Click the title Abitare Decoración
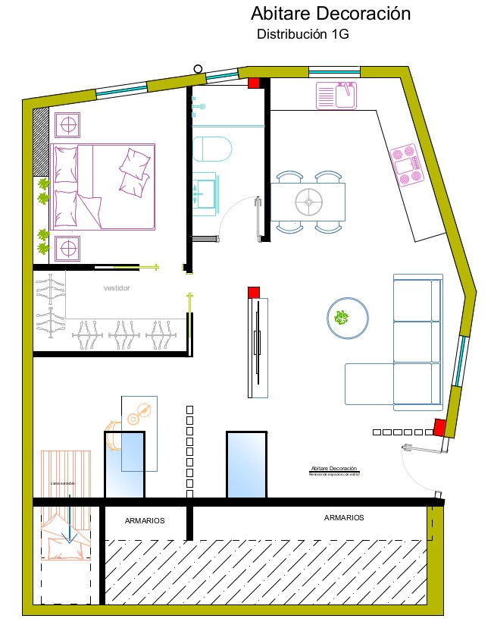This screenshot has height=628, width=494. pyautogui.click(x=330, y=14)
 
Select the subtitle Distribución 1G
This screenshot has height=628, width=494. pyautogui.click(x=302, y=34)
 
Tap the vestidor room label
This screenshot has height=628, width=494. pyautogui.click(x=117, y=288)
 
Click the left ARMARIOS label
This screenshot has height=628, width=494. pyautogui.click(x=145, y=521)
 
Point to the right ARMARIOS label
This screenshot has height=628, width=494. pyautogui.click(x=344, y=518)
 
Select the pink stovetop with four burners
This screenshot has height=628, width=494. pyautogui.click(x=407, y=165)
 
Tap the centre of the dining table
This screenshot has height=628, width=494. pyautogui.click(x=308, y=202)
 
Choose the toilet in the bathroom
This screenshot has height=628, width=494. pyautogui.click(x=211, y=149)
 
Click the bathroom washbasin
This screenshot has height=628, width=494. pyautogui.click(x=205, y=191)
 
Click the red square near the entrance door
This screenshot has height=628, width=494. pyautogui.click(x=439, y=428)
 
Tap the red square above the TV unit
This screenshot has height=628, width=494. pyautogui.click(x=254, y=292)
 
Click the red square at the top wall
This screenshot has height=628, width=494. pyautogui.click(x=254, y=83)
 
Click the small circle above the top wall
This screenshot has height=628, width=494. pyautogui.click(x=198, y=69)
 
